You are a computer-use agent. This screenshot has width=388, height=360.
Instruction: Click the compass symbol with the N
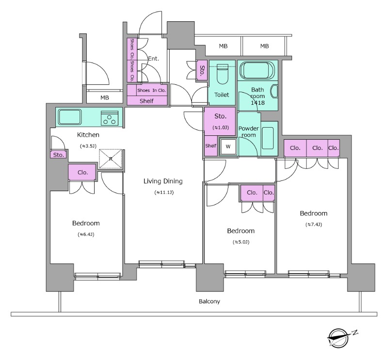pos(338,338)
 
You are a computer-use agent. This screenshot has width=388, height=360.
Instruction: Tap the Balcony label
pos(210,301)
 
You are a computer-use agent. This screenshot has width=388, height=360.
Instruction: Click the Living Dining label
pos(163,181)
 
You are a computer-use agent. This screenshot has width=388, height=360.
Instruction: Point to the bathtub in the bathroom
pos(257,71)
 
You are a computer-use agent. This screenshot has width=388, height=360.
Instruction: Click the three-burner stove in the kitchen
pos(110,118)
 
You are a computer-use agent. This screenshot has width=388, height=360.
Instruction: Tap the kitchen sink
pos(70,117)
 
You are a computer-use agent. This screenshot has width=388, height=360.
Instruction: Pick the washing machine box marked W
pos(228,147)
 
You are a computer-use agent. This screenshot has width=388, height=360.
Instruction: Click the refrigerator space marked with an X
pos(111,159)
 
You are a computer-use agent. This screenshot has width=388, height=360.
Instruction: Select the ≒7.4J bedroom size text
pos(313,225)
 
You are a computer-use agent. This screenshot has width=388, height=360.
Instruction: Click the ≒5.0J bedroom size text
pos(241,242)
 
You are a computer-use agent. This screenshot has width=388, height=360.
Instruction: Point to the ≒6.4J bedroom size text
pos(86,234)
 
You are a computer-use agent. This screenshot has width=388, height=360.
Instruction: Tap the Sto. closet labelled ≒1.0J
pos(220,121)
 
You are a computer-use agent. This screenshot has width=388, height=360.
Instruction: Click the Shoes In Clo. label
pos(151,90)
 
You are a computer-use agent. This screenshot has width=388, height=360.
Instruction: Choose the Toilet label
pos(222,95)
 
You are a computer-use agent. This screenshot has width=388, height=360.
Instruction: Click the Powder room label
pos(249,131)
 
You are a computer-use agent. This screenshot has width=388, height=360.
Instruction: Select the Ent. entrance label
pos(153,59)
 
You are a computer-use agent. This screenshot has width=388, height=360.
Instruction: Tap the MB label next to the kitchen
pos(105,98)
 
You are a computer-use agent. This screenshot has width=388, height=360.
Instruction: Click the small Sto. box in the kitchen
pos(58,155)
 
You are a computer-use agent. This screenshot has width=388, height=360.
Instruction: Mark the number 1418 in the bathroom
pos(258,103)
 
